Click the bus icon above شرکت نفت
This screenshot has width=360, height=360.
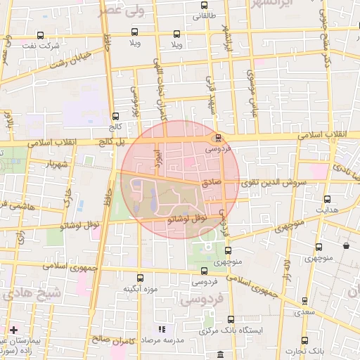click(x=39, y=35)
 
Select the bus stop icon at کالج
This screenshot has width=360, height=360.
click(x=115, y=116)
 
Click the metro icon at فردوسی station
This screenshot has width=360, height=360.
click(x=218, y=138)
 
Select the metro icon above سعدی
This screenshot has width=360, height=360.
click(x=304, y=300)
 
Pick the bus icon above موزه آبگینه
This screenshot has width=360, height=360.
click(x=141, y=277)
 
